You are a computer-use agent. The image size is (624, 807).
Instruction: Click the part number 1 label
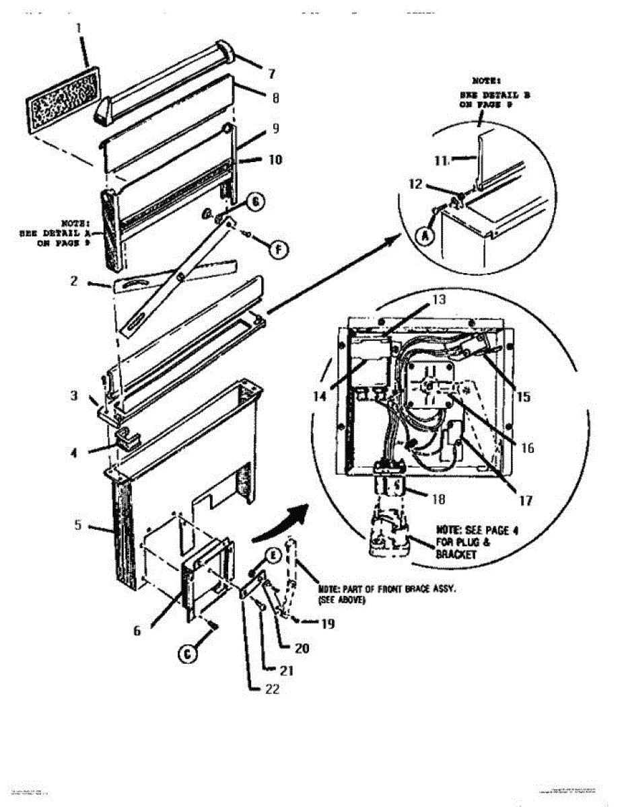[x=78, y=28]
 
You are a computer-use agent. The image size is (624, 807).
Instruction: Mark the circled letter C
[x=188, y=652]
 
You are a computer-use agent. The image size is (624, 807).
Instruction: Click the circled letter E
[x=273, y=555]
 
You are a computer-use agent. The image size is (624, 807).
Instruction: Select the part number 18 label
[x=439, y=500]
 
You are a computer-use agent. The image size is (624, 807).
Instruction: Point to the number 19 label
[x=328, y=623]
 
